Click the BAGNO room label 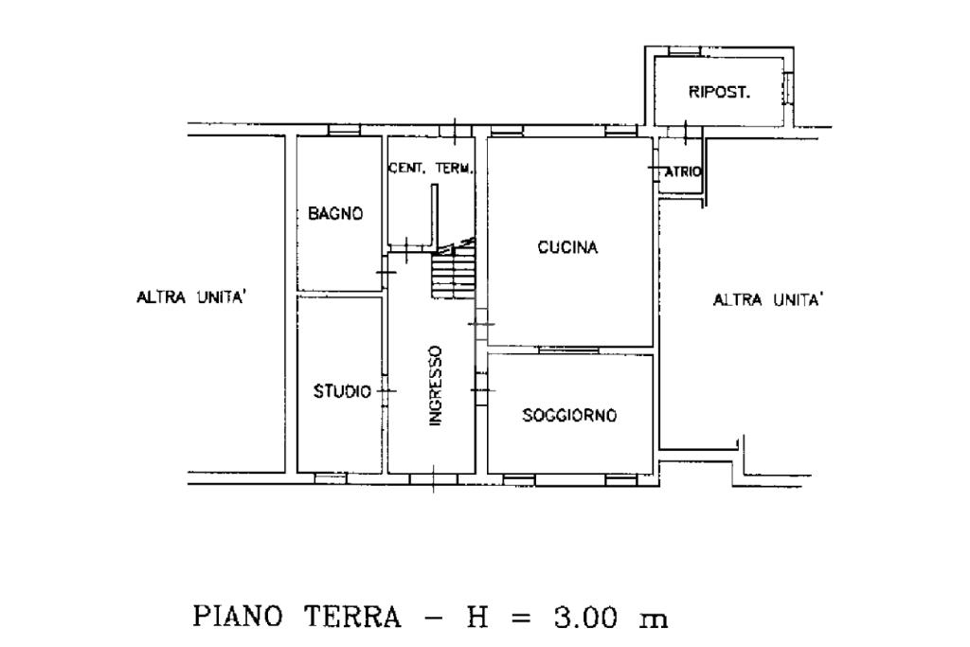coord(335,213)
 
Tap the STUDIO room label coord(342,391)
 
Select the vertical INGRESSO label coord(436,386)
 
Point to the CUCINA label coord(568,247)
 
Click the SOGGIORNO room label coord(569,414)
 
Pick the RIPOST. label coord(720,92)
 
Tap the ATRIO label coord(683,172)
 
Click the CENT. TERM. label coord(431,169)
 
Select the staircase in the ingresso coord(454,272)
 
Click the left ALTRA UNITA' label coord(191,297)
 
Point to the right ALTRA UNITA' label coord(768,300)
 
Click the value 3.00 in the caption coord(585,617)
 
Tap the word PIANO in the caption coord(238,616)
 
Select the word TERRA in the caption coord(352,617)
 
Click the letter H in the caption coord(477,617)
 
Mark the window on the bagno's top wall coord(344,130)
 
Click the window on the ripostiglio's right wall coord(787,88)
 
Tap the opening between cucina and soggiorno coord(568,350)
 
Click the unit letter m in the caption coord(654,620)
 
